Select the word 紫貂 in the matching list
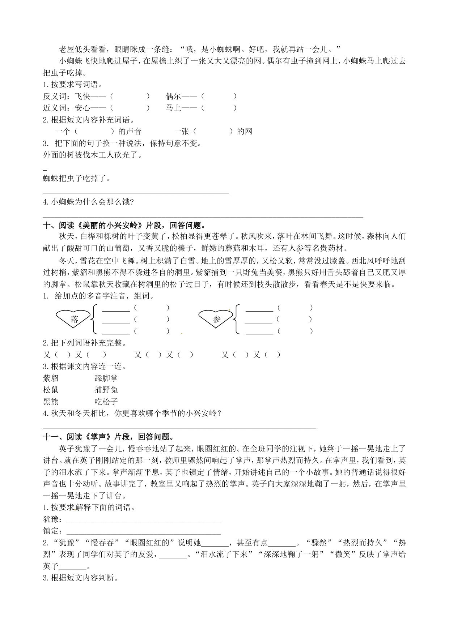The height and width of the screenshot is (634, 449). [x=51, y=378]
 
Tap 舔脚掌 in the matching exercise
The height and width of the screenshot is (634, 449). [x=106, y=378]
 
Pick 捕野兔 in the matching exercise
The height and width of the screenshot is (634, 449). [x=106, y=390]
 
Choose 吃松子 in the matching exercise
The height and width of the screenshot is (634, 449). [x=106, y=401]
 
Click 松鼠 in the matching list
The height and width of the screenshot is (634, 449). [x=51, y=390]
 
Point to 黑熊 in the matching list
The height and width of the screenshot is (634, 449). [x=51, y=401]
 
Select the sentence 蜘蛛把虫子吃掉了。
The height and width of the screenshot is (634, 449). [x=77, y=178]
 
